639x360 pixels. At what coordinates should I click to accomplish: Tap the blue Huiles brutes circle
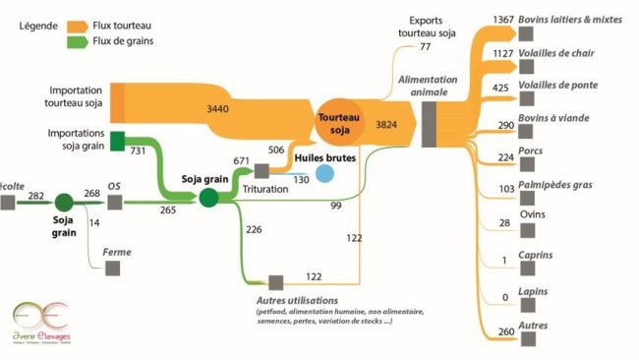324,174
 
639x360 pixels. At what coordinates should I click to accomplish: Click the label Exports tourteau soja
427,28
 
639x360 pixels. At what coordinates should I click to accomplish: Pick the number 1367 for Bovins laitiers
502,21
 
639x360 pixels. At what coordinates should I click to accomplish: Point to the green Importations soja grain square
117,141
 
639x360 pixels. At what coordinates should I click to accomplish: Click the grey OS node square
115,202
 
